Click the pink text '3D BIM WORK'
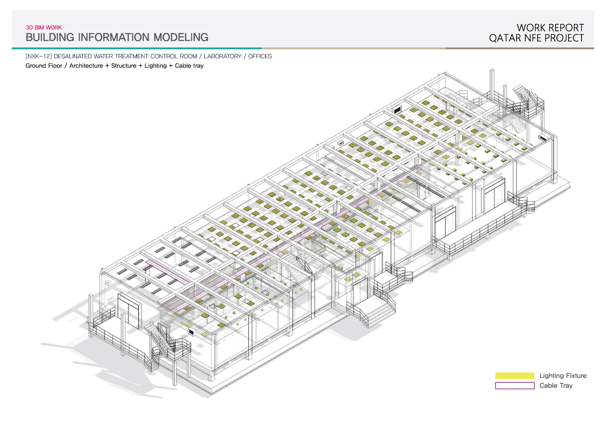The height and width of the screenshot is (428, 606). (x=44, y=27)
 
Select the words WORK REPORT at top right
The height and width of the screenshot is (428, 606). (x=550, y=28)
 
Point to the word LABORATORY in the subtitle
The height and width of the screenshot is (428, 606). (x=223, y=56)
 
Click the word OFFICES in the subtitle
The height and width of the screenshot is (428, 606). (x=260, y=56)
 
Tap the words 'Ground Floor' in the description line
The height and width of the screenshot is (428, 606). (x=44, y=66)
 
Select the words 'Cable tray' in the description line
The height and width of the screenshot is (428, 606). (x=189, y=66)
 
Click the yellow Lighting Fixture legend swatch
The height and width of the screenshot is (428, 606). (x=515, y=376)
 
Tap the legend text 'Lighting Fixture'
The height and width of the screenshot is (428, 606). (x=563, y=376)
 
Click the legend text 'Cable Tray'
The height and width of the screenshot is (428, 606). (x=556, y=385)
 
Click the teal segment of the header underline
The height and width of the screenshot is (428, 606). (x=137, y=48)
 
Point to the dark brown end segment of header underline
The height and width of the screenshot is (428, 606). (x=520, y=48)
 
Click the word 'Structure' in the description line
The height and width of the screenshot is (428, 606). (x=124, y=66)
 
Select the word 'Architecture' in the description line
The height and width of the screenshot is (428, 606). (x=86, y=66)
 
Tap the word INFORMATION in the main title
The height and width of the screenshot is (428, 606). (x=114, y=37)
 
